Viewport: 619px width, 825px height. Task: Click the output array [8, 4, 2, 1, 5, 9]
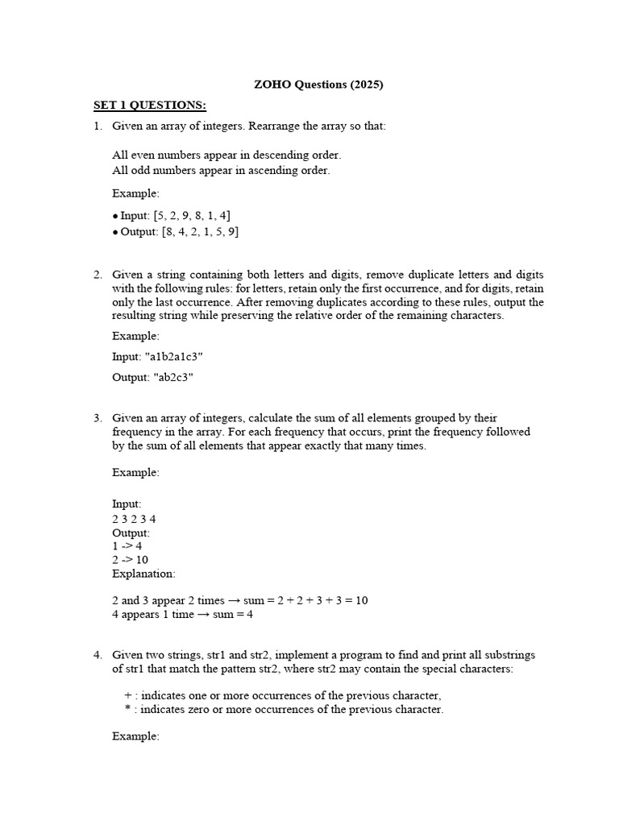pos(199,232)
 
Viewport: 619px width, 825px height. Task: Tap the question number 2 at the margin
pos(98,275)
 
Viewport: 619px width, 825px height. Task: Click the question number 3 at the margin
pos(98,417)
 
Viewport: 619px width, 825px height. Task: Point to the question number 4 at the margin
pos(98,654)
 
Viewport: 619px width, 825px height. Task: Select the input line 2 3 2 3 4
pos(134,519)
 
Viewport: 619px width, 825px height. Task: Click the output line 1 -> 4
pos(127,545)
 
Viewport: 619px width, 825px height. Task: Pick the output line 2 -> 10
pos(130,559)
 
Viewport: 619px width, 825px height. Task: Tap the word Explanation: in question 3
pos(143,574)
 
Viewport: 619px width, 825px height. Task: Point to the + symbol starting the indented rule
pos(128,695)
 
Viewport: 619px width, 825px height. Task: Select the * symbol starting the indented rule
pos(127,710)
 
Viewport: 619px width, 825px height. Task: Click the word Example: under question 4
pos(135,736)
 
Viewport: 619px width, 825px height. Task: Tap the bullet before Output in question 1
pos(116,233)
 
